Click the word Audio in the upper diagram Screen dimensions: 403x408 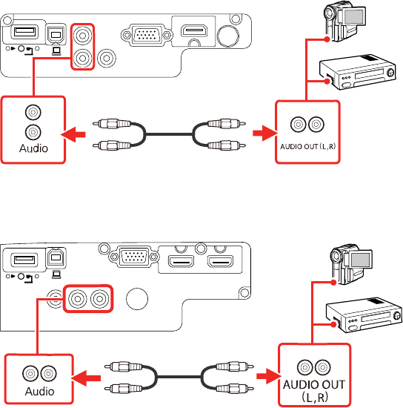coord(33,148)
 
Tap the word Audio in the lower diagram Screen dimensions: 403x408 coord(39,392)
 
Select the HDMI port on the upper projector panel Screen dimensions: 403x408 coord(194,31)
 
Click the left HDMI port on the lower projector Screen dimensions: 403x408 coord(181,261)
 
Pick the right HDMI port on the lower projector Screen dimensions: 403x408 coord(220,261)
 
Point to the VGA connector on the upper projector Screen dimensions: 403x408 coord(147,35)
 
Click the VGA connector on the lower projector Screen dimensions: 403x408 coord(134,257)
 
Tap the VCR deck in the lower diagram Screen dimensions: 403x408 coord(364,315)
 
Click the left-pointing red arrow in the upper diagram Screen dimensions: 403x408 coord(73,134)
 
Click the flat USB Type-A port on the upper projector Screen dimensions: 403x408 coord(24,32)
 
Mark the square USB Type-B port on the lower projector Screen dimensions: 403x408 coord(56,257)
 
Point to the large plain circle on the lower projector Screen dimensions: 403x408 coord(137,299)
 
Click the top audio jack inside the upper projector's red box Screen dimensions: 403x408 coord(82,36)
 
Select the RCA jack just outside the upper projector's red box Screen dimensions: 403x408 coord(107,59)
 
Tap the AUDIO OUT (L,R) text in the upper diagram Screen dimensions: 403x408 coord(307,146)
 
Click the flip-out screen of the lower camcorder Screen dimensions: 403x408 coord(360,260)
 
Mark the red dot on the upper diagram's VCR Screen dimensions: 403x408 coord(327,82)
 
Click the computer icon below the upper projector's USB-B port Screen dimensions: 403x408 coord(56,51)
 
